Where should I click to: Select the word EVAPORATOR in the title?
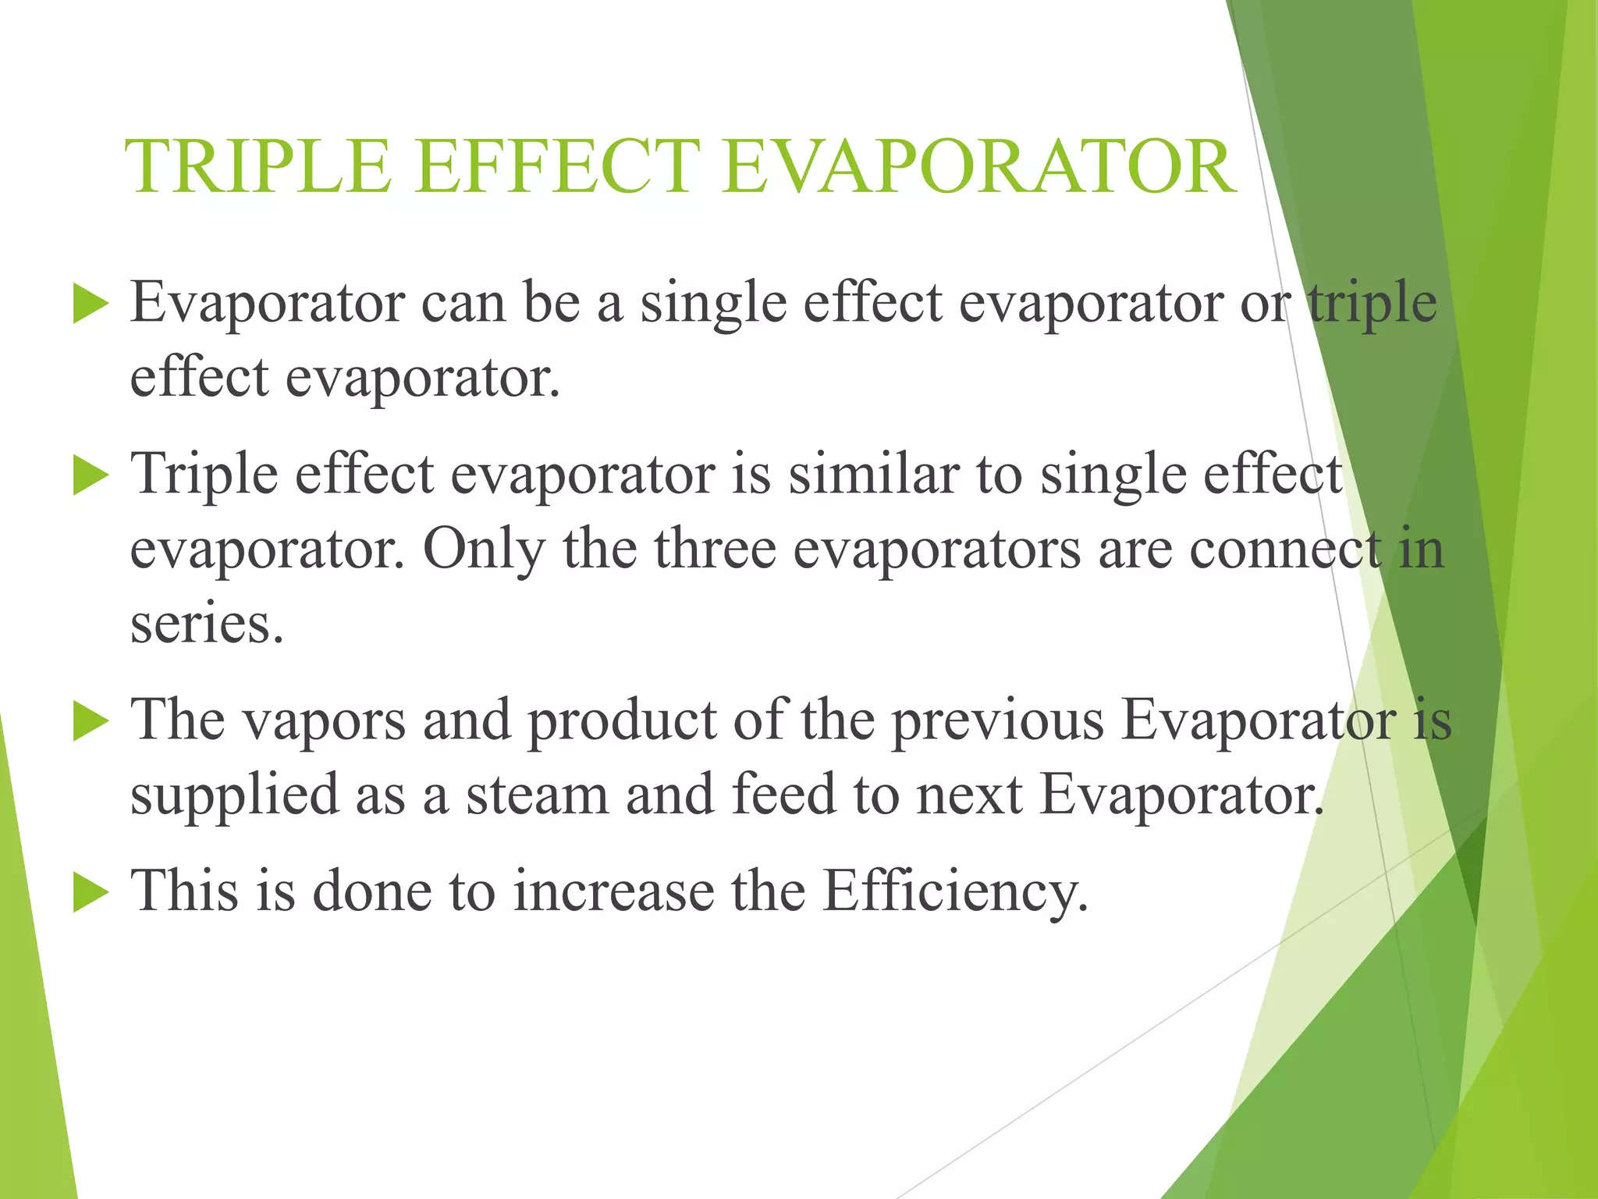click(978, 166)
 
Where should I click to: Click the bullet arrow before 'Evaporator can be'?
click(91, 304)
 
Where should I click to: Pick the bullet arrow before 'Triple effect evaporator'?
click(91, 475)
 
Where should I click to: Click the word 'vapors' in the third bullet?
click(325, 720)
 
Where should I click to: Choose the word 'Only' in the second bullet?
click(484, 550)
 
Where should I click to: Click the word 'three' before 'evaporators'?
click(715, 550)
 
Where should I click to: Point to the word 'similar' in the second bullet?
click(873, 475)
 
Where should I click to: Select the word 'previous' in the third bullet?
click(998, 720)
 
